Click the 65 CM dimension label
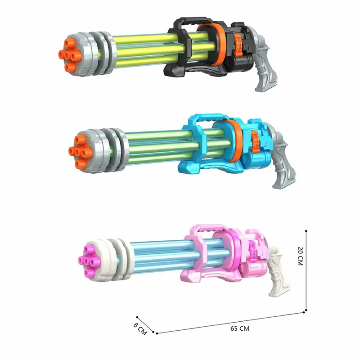(x=240, y=328)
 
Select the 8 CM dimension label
(x=140, y=327)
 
